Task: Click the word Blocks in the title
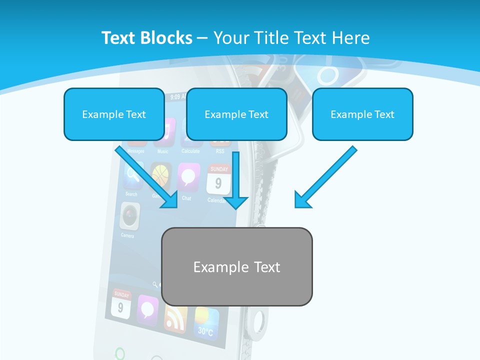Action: coord(167,38)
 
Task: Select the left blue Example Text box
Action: coord(114,114)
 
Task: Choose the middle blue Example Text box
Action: coord(236,114)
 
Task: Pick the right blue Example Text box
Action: coord(362,114)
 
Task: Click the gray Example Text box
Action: coord(236,266)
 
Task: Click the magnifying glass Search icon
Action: coord(132,175)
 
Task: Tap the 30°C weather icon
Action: coord(206,322)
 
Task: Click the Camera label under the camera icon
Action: coord(127,235)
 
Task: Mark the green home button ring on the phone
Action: coord(120,354)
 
